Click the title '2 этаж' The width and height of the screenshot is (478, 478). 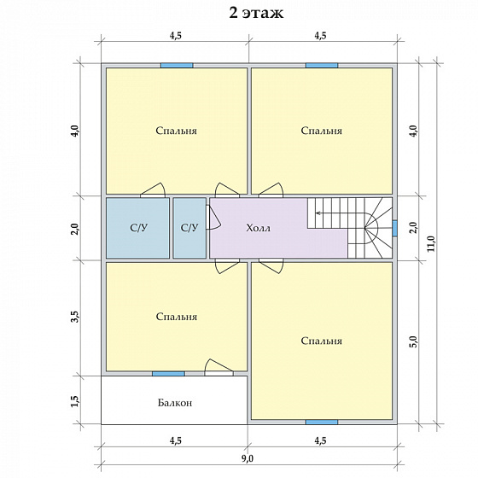[256, 13]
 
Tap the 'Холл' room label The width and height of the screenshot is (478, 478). [258, 228]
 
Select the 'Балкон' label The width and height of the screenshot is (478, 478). [175, 403]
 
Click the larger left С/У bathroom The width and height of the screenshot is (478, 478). [137, 228]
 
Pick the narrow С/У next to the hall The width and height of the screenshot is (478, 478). [189, 228]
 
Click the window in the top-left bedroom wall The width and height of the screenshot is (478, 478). [177, 66]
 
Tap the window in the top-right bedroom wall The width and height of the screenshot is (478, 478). [322, 66]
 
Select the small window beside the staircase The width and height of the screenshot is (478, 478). [394, 228]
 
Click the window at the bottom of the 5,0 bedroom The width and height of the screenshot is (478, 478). [322, 422]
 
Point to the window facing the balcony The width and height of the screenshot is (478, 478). [169, 374]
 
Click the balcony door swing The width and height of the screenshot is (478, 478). [219, 367]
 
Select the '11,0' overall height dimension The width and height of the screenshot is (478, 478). [432, 244]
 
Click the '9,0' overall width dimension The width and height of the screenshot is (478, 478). [248, 458]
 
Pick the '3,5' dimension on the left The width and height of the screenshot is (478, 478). [75, 317]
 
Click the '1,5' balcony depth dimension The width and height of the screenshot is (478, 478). [75, 401]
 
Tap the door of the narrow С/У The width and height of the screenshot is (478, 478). [213, 217]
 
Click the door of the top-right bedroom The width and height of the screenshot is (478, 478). [271, 189]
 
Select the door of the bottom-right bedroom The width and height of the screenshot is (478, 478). [271, 266]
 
